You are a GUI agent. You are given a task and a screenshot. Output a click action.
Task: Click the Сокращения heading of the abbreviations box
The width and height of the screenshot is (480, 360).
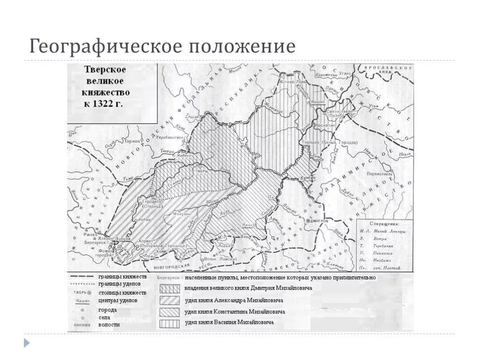(x=384, y=224)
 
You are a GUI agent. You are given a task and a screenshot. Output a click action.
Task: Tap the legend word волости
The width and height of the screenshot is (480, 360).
(x=109, y=324)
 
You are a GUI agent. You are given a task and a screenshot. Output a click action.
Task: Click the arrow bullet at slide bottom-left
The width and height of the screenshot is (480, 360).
(x=27, y=343)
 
